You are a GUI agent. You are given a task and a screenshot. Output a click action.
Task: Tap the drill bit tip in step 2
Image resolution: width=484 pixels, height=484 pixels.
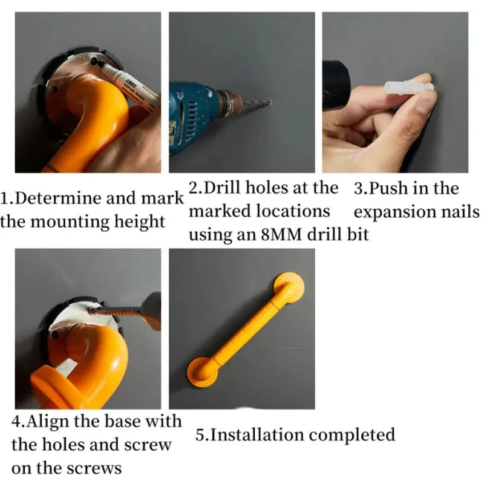[x=270, y=102]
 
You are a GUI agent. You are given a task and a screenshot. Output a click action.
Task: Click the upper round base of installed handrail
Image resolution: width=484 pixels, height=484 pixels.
[x=289, y=287]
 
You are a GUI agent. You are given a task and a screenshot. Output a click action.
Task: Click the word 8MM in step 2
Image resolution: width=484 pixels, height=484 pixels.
[x=281, y=235]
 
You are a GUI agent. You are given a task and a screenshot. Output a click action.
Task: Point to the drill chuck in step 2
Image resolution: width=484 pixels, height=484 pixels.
[x=229, y=103]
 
